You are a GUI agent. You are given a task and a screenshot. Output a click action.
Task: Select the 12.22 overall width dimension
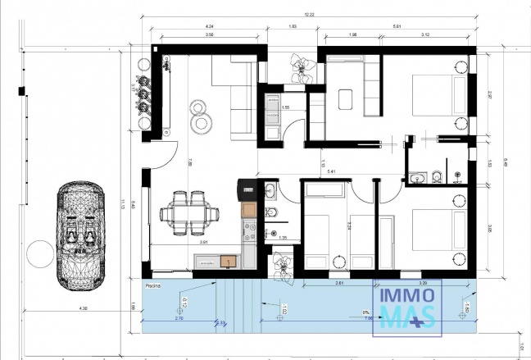pos(308,15)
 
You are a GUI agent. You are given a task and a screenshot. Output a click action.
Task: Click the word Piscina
pos(152,285)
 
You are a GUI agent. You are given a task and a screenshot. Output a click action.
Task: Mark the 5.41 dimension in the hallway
pos(332,171)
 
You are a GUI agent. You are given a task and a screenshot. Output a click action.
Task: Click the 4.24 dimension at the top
pos(211,26)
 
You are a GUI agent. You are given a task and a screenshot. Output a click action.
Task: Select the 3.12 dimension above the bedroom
pos(425,35)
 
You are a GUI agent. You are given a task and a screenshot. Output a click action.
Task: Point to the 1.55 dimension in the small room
pos(286,107)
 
